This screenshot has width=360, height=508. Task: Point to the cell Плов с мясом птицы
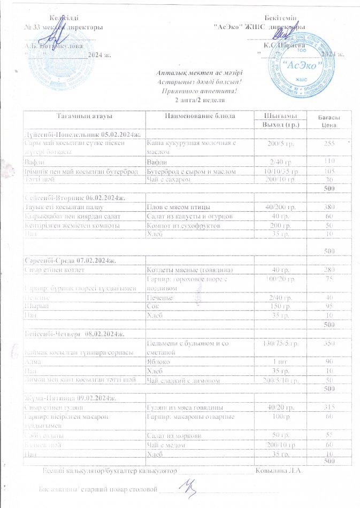[178, 206]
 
